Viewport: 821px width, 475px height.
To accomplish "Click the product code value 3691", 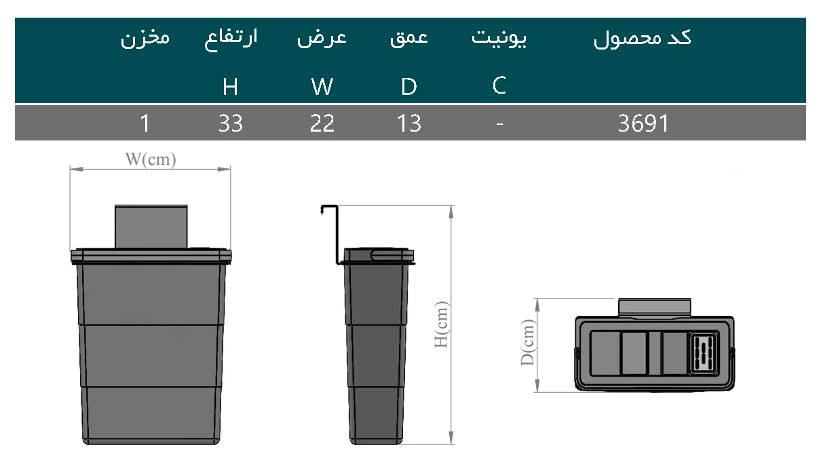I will [643, 123].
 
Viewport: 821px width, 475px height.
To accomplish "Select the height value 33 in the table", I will [231, 123].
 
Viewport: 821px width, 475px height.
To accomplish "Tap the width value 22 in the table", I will [322, 123].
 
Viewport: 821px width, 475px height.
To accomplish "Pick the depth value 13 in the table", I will [409, 123].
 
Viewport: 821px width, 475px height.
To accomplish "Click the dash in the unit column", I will [499, 123].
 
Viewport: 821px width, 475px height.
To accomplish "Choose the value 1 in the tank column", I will [145, 123].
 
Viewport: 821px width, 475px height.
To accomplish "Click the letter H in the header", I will [231, 87].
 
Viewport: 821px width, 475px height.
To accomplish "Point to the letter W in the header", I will [322, 87].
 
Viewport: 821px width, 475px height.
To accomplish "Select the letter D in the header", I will [409, 87].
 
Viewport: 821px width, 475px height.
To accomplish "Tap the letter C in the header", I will [499, 85].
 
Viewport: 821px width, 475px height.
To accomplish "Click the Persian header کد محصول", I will [643, 38].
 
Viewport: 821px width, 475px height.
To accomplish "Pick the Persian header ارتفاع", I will [231, 38].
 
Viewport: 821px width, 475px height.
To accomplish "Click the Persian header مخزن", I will [145, 38].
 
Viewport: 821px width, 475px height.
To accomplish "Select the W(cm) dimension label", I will [151, 160].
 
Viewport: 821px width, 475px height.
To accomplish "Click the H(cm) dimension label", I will [442, 324].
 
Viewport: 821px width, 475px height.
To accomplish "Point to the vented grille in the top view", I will [704, 354].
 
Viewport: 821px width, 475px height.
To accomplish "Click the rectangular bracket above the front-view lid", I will [151, 226].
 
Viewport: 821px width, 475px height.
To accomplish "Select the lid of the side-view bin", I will [379, 255].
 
